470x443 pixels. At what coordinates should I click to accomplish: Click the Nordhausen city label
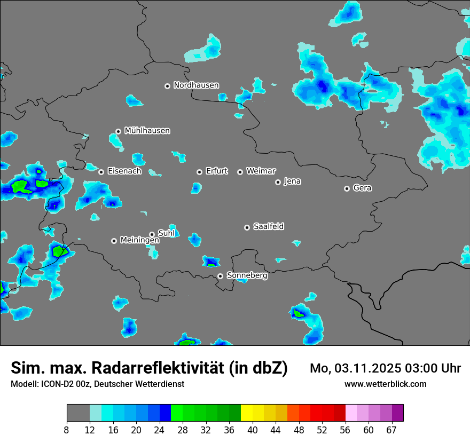coord(196,85)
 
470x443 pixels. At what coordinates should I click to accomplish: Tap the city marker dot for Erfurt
coord(199,172)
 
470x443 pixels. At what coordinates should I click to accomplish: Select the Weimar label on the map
coord(261,171)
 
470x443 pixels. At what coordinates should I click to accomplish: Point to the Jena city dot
coord(278,182)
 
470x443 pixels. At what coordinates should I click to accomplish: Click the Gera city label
coord(362,188)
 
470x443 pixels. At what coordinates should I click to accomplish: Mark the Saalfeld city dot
coord(247,227)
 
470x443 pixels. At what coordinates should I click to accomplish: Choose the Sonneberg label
coord(247,275)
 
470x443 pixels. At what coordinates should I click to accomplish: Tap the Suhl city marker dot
coord(152,234)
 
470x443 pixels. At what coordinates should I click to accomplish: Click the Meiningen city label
coord(139,241)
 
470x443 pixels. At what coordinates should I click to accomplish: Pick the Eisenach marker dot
coord(101,172)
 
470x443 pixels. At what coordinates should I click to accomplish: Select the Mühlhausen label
coord(147,131)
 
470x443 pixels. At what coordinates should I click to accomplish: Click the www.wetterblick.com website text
coord(386,384)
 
